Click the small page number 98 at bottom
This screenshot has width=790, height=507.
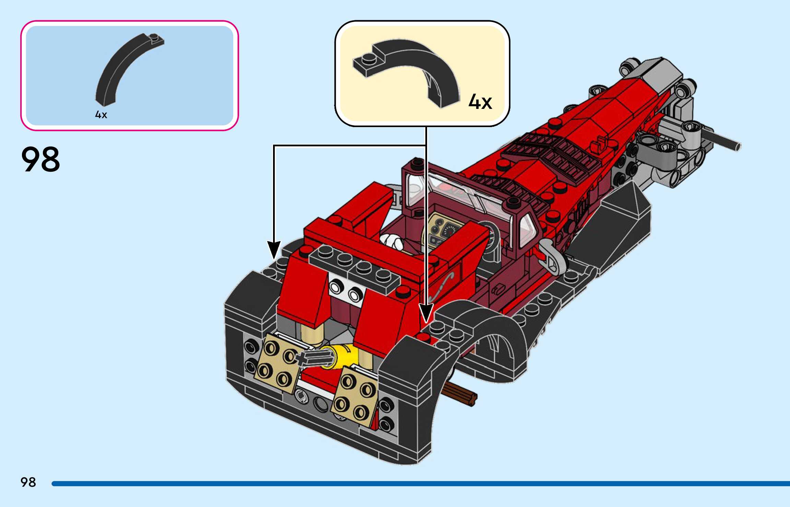[x=28, y=482]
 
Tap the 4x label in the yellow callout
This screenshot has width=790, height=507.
[x=480, y=102]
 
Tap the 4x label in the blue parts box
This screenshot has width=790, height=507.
[x=101, y=115]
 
